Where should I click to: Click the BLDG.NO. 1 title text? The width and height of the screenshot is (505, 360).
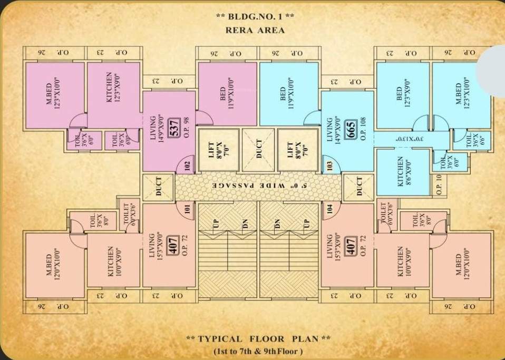(255, 16)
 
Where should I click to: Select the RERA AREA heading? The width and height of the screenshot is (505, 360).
(255, 30)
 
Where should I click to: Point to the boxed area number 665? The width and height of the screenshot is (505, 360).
(352, 132)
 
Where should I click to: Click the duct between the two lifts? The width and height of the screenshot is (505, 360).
(258, 149)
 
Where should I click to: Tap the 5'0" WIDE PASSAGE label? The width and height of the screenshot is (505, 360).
(258, 186)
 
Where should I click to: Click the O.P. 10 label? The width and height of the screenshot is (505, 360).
(440, 185)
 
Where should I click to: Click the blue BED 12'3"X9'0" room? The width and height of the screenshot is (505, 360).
(402, 95)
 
